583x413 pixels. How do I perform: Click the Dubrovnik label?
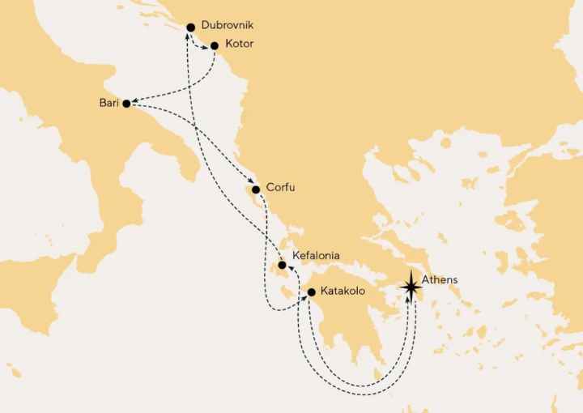(x=221, y=26)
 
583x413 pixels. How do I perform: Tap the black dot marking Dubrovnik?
(x=190, y=27)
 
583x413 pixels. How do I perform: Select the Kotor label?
(x=240, y=45)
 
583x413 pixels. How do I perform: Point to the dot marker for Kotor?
(x=215, y=46)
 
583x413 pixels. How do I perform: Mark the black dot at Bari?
(x=126, y=103)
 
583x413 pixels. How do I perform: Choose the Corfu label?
(x=280, y=189)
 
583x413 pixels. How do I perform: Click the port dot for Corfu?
(x=256, y=189)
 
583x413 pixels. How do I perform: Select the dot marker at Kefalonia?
(x=282, y=266)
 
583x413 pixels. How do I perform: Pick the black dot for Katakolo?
(x=311, y=291)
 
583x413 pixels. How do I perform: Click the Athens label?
(x=440, y=279)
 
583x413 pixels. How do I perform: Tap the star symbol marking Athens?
(x=411, y=284)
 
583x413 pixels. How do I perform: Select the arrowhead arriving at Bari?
(x=135, y=103)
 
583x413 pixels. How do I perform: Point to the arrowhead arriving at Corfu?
(x=251, y=181)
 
